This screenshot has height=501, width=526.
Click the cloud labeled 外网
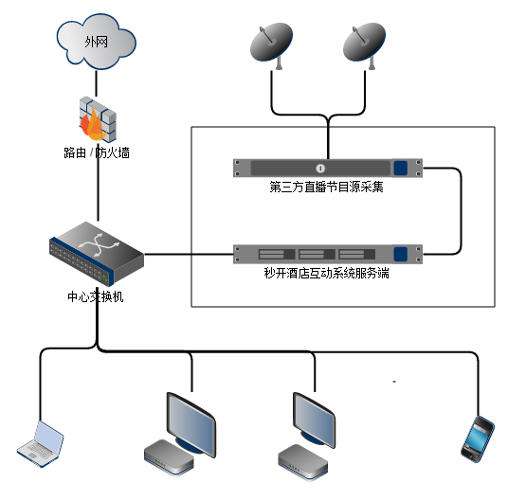click(97, 42)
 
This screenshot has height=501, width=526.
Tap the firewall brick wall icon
click(98, 118)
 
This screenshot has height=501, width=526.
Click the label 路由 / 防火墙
click(97, 152)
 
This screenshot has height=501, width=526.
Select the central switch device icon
click(97, 254)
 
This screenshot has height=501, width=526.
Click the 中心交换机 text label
click(96, 297)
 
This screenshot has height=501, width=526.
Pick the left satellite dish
click(271, 45)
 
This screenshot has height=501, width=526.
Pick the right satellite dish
click(364, 45)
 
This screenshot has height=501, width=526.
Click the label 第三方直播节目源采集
click(326, 187)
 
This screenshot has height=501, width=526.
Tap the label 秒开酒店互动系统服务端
click(326, 273)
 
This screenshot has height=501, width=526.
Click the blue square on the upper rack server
click(401, 168)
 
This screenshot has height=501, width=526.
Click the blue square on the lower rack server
click(401, 254)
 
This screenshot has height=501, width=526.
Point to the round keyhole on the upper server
click(320, 168)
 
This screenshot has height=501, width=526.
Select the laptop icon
click(41, 444)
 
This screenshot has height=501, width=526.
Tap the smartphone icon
click(478, 439)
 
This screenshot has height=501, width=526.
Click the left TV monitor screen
click(191, 424)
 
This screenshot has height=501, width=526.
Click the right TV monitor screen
click(315, 420)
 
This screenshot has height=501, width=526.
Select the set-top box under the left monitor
click(169, 457)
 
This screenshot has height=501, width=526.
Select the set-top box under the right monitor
click(303, 462)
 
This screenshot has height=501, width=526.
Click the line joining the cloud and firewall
click(97, 83)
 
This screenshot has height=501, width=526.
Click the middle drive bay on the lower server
click(317, 254)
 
